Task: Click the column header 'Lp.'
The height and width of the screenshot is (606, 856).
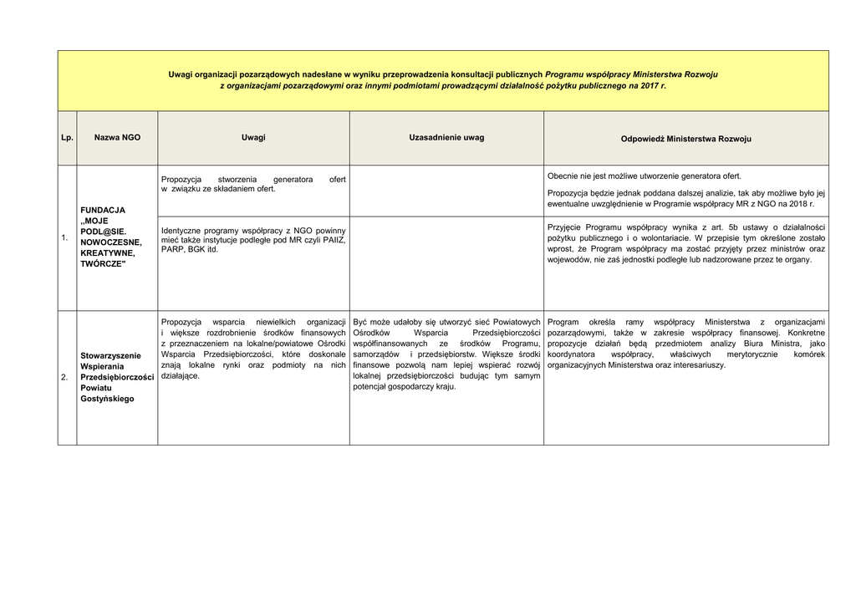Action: [x=67, y=138]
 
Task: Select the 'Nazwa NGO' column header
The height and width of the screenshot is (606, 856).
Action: [x=117, y=137]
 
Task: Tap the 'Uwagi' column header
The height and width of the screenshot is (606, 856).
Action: [x=253, y=137]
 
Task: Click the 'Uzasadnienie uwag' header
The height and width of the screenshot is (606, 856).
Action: [x=446, y=137]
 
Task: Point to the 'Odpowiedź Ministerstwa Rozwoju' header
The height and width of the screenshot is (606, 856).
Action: [x=685, y=139]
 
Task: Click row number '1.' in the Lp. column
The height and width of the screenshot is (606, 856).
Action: [x=64, y=239]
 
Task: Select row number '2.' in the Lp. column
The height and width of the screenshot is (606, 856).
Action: [x=64, y=378]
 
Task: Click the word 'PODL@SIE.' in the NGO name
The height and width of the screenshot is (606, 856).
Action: [x=103, y=232]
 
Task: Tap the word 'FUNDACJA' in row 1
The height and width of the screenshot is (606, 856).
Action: [x=103, y=210]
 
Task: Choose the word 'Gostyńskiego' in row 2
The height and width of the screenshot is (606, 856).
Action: [x=107, y=399]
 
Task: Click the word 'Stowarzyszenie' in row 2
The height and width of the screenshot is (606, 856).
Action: [x=110, y=355]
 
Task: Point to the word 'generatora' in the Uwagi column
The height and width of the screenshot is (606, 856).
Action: [x=293, y=179]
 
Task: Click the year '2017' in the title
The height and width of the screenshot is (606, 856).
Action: [x=641, y=86]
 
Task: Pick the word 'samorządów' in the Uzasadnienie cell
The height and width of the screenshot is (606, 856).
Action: [x=376, y=354]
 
